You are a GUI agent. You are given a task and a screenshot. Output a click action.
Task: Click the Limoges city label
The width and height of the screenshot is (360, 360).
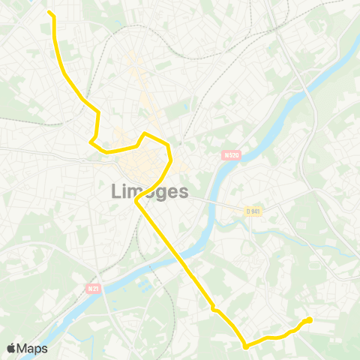(x=150, y=191)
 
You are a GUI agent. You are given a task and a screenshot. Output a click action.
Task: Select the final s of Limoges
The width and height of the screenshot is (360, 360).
(x=183, y=192)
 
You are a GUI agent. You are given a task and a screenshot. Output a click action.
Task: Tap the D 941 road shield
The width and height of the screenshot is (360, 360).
(x=253, y=211)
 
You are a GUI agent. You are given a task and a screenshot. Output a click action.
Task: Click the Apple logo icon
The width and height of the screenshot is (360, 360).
(x=12, y=348)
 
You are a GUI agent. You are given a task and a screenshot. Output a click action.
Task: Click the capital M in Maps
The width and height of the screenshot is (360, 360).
(x=23, y=349)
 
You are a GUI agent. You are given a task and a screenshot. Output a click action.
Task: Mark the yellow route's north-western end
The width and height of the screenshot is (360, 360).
(x=50, y=13)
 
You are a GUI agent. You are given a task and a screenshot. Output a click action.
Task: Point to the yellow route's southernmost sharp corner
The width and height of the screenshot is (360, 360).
(x=246, y=346)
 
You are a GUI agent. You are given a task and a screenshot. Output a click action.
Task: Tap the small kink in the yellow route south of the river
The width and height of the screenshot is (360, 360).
(x=214, y=307)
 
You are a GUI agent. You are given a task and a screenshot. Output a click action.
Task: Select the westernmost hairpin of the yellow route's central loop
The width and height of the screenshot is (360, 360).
(x=91, y=140)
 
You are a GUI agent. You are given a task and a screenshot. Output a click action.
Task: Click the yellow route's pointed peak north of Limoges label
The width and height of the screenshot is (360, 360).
(x=145, y=133)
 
